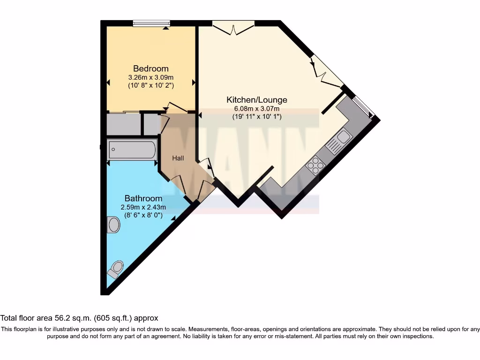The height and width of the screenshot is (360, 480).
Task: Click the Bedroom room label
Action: pyautogui.click(x=150, y=68)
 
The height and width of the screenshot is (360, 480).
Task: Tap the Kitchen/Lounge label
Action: pyautogui.click(x=257, y=100)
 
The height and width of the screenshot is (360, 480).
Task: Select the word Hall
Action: pyautogui.click(x=178, y=158)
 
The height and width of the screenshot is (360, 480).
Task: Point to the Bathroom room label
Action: pyautogui.click(x=143, y=199)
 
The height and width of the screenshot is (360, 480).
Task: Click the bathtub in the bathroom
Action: pyautogui.click(x=132, y=150)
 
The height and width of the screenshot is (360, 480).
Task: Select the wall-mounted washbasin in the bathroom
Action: pyautogui.click(x=113, y=225)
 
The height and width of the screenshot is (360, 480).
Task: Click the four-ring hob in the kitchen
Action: pyautogui.click(x=315, y=165)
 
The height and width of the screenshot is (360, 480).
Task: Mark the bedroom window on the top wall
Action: pyautogui.click(x=151, y=23)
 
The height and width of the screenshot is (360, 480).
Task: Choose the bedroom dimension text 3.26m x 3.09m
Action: pyautogui.click(x=150, y=77)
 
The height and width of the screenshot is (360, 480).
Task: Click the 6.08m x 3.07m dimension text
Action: pyautogui.click(x=257, y=109)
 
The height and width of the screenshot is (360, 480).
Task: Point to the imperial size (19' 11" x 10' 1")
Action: pyautogui.click(x=257, y=117)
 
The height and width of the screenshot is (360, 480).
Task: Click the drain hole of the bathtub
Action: pyautogui.click(x=113, y=150)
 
